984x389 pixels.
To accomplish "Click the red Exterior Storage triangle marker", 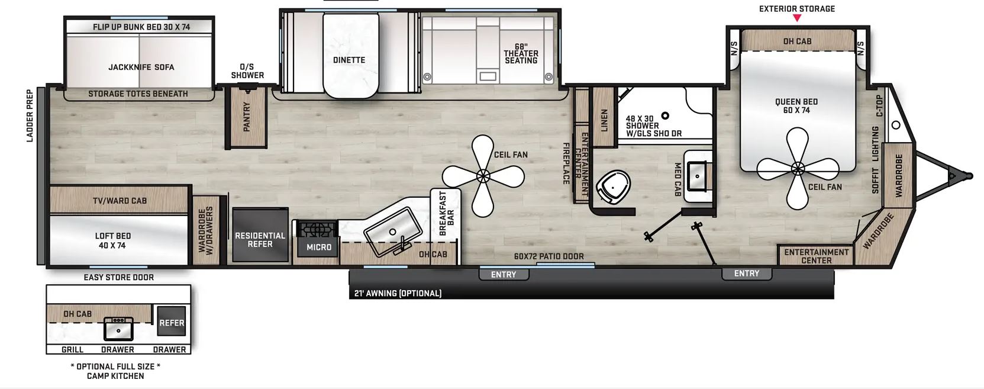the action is [x=797, y=18].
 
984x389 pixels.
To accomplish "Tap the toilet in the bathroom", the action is [x=613, y=187].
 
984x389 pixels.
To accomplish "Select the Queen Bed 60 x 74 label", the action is [x=796, y=106].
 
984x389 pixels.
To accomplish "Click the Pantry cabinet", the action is [x=246, y=117].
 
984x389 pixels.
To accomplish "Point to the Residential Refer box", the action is [x=260, y=235].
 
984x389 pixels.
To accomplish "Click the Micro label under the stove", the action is [x=319, y=247].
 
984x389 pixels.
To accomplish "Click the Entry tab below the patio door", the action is [x=504, y=274].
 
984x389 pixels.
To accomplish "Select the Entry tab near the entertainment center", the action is [x=747, y=274].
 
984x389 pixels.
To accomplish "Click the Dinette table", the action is [x=350, y=56].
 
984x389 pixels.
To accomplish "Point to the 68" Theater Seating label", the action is [x=521, y=54].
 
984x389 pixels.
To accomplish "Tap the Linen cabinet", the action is [x=604, y=117].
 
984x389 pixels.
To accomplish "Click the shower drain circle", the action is [x=665, y=115].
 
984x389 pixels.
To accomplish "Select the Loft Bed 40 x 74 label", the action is [x=112, y=240].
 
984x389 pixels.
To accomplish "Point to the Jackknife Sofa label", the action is [x=141, y=67].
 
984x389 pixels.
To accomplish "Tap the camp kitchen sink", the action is [x=118, y=328].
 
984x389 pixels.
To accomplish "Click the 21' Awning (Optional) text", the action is [x=398, y=293].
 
